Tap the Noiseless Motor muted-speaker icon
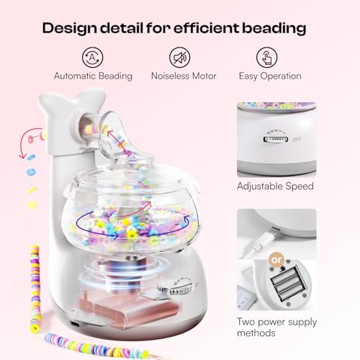[x=179, y=58]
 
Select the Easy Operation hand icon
[x=268, y=58]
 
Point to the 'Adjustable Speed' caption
[x=276, y=186]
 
